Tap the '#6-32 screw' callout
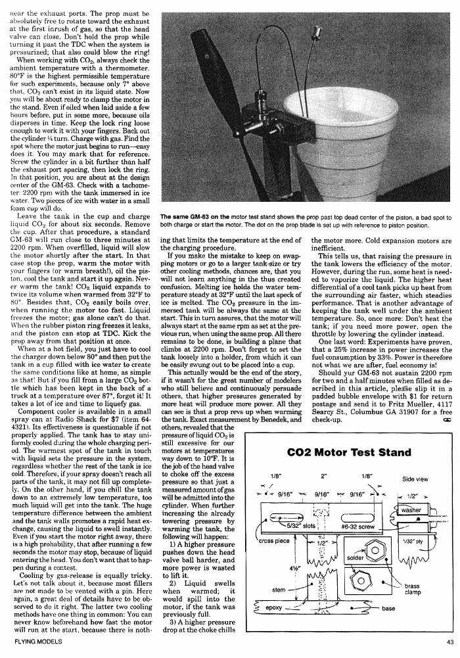(358, 527)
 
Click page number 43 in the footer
(449, 644)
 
